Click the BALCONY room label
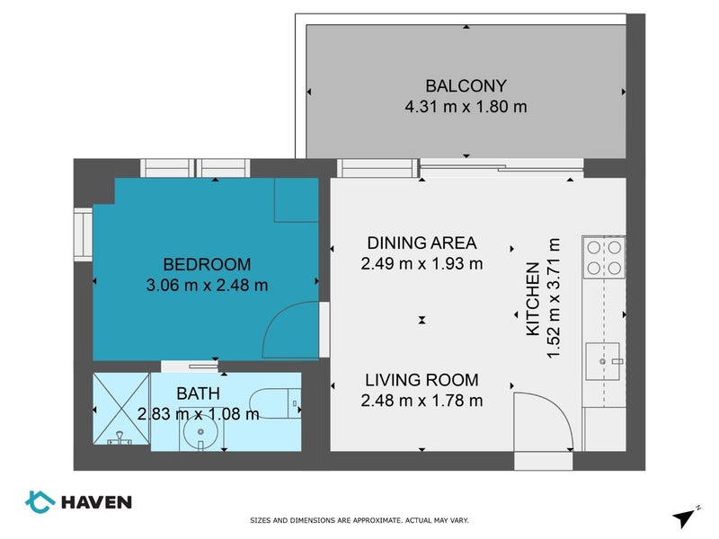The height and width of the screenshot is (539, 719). [466, 85]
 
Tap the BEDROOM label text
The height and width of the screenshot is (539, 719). [208, 264]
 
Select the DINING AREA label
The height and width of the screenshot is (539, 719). [422, 243]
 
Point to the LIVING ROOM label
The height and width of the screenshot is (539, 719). [422, 380]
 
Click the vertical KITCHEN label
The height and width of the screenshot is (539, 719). [533, 299]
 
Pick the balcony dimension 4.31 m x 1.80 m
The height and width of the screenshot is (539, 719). [466, 107]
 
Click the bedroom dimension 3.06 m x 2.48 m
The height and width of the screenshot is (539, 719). [208, 286]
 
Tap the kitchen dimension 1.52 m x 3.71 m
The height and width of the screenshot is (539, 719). [554, 298]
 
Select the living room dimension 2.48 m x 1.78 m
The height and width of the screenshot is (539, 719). [422, 401]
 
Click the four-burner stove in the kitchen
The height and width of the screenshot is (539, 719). [604, 257]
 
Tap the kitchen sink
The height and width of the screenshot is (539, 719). [603, 361]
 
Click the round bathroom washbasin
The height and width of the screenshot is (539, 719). [200, 432]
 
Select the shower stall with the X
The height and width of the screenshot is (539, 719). [121, 409]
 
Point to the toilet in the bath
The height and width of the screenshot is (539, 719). [275, 403]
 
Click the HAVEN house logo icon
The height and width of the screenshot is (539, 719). [40, 502]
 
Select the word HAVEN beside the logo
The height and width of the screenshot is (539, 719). [97, 502]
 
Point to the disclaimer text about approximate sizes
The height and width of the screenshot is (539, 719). [359, 520]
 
